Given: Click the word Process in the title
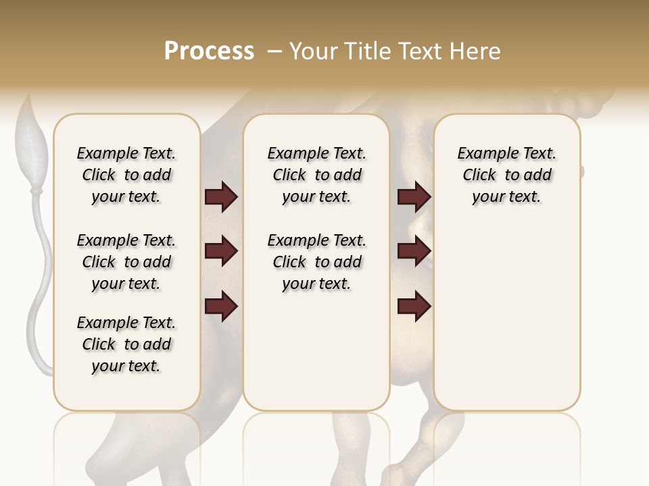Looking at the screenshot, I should pos(209,51).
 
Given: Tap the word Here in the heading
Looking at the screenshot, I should pos(477,51).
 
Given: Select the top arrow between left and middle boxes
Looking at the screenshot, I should pos(221,197).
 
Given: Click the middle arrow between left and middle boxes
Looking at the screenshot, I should pos(221,252).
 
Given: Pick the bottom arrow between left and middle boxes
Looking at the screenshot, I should pos(221,306).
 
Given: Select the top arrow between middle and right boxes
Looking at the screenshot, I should pos(414,197).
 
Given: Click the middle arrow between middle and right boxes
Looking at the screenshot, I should pos(414,252).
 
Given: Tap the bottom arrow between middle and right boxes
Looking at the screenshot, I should pos(414,306).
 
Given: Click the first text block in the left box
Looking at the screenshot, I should pos(126,175).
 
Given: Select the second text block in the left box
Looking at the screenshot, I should pos(126,262).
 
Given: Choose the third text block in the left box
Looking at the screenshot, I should pos(126,344).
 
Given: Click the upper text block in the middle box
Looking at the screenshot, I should pos(316,175).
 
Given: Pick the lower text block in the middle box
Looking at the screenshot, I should pos(316,262).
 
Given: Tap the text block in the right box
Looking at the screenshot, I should pos(506,175).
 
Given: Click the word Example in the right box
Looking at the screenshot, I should pos(482,154).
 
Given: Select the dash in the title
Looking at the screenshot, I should pos(274,51).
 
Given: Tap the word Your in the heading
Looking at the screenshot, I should pos(312,51).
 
